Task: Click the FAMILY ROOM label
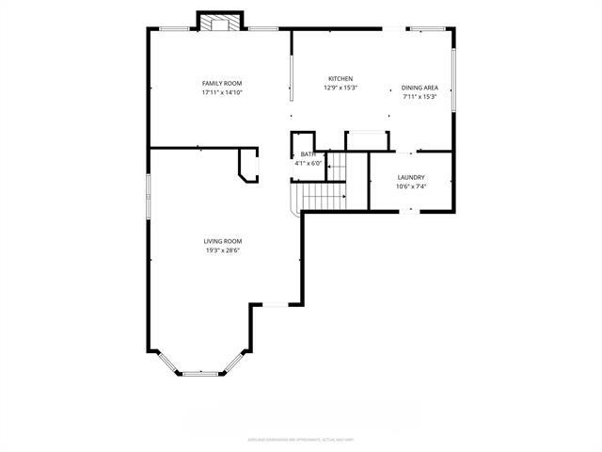click(x=222, y=83)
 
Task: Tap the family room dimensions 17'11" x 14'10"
click(x=222, y=92)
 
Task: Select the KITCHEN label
click(x=340, y=78)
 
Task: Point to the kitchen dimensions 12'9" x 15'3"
click(x=340, y=88)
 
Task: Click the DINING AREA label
click(x=420, y=88)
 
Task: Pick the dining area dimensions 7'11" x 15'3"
click(x=420, y=96)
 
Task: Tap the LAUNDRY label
click(x=411, y=177)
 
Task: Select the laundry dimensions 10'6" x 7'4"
click(x=411, y=186)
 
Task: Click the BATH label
click(x=308, y=154)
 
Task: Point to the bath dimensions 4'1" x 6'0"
click(x=309, y=163)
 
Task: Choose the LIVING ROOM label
click(x=223, y=241)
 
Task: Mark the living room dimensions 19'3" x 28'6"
click(x=223, y=250)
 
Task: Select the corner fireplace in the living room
click(x=249, y=165)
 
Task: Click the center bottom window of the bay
click(x=199, y=374)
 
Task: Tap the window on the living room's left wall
click(x=148, y=194)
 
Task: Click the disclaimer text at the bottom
click(x=300, y=439)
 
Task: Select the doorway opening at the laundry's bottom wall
click(x=410, y=211)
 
